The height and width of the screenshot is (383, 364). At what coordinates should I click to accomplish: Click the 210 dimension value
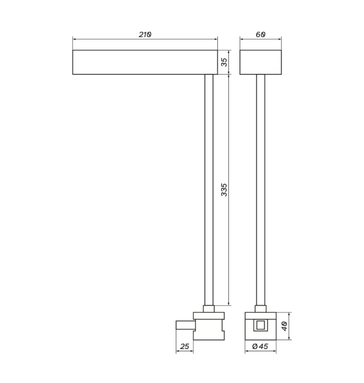coord(145,34)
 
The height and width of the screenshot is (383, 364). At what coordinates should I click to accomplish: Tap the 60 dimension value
coord(261,34)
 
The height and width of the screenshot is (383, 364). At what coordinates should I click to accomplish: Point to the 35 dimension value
coord(224,62)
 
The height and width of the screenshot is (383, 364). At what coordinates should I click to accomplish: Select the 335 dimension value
coord(224,190)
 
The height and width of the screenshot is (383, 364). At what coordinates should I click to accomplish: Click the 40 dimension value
coord(285,326)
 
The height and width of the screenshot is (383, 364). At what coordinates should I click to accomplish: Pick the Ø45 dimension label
coord(260,346)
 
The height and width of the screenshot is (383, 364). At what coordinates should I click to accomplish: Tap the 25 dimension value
coord(184,346)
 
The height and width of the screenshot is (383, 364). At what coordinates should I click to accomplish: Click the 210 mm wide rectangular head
coord(145,62)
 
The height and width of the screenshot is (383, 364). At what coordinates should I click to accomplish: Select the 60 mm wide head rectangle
coord(261,62)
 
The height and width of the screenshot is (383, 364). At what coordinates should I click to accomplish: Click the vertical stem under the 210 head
coord(209,190)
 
